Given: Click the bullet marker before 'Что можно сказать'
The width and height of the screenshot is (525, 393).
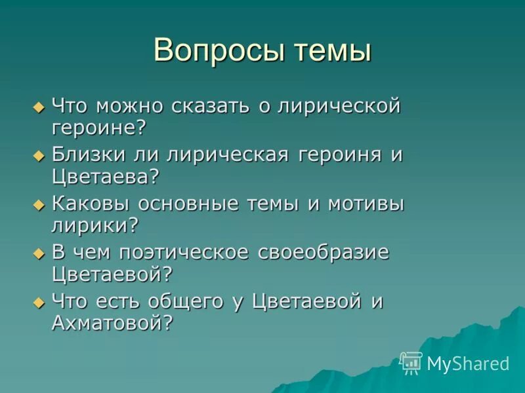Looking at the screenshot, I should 37,106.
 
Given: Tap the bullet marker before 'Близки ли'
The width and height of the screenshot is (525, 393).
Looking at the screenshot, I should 37,156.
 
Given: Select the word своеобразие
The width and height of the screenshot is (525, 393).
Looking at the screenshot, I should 320,253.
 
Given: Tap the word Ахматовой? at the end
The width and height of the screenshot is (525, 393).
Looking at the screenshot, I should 112,323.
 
